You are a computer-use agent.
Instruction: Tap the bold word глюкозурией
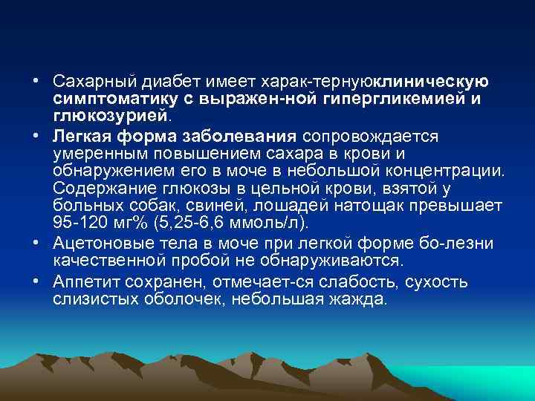point(111,116)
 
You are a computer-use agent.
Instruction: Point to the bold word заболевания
point(236,136)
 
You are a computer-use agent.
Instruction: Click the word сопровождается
point(372,136)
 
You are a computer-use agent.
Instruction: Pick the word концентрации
point(449,172)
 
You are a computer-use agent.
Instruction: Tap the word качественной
point(105,261)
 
